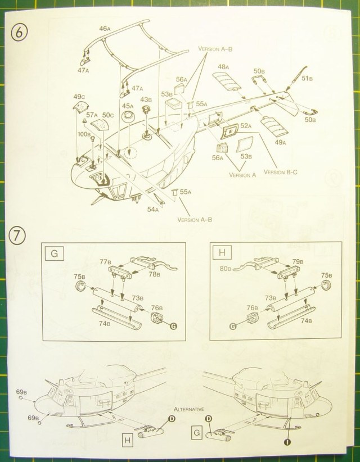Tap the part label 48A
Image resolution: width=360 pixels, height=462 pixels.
[x=224, y=67]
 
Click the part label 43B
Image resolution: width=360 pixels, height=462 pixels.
[x=146, y=99]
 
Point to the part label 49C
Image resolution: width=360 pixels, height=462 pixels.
[x=79, y=96]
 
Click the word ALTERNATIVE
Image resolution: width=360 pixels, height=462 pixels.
[x=189, y=409]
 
